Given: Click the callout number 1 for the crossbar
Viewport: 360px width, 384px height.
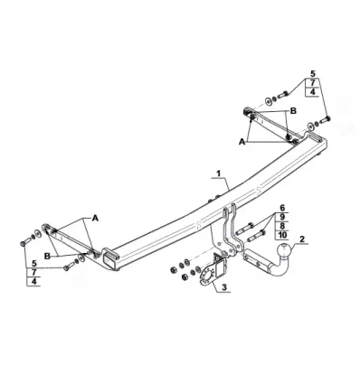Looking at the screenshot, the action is [x=219, y=173].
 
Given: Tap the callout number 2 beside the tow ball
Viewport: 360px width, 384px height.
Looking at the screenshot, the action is [x=302, y=239].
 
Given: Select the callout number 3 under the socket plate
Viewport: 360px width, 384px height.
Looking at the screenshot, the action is [x=224, y=287].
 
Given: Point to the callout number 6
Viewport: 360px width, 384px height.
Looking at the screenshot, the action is [x=282, y=208].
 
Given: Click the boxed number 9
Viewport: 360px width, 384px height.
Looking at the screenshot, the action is [x=282, y=217].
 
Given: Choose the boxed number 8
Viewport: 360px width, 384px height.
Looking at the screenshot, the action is [x=282, y=226].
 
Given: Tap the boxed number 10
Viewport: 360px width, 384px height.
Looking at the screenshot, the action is [x=282, y=235].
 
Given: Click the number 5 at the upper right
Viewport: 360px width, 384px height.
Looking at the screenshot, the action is [x=313, y=73].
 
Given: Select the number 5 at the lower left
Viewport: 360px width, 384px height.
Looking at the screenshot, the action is [x=34, y=264].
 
